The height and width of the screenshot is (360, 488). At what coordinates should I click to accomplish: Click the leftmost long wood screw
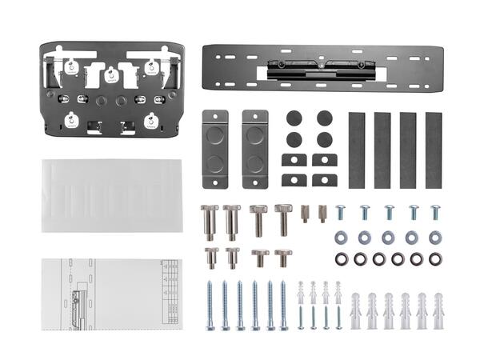point(210,305)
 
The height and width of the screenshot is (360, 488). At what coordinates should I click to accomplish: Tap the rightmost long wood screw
point(284,305)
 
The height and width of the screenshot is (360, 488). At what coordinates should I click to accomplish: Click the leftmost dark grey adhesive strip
point(356,150)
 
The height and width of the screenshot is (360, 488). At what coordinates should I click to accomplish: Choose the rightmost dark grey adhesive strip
point(434,150)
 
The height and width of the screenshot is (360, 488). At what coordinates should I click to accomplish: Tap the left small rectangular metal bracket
point(214,149)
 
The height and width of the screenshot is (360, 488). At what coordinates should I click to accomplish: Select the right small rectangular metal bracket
point(254,149)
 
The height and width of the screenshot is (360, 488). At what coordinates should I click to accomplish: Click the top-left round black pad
point(294,118)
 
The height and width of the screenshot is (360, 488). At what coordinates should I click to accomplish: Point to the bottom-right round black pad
point(324,139)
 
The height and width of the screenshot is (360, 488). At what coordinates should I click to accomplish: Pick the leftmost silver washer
point(341,237)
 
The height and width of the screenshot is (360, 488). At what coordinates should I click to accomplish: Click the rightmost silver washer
point(435,237)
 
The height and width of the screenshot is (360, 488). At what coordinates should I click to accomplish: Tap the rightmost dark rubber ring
point(435,258)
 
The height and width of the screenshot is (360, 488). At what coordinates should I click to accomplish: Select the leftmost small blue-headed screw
point(340,212)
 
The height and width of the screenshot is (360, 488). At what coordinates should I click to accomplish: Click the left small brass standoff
point(305,214)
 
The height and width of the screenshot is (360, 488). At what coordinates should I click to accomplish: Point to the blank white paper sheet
point(111,195)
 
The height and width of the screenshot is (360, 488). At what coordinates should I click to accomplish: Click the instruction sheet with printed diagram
point(111,294)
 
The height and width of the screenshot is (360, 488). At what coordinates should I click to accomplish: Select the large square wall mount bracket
point(111,89)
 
